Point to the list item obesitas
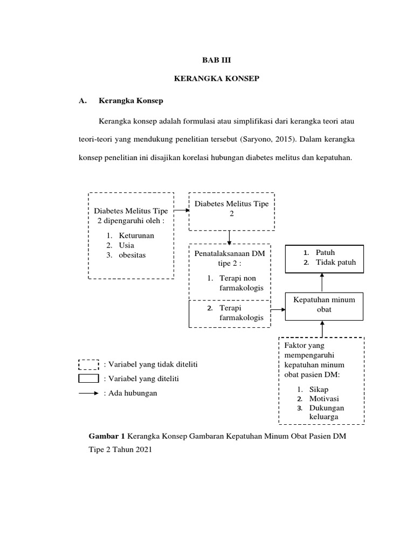(132, 255)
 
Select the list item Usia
(127, 245)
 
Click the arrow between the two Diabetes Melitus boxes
(182, 211)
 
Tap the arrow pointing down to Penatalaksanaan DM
(230, 237)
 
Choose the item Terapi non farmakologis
(240, 284)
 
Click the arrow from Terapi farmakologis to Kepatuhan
(277, 310)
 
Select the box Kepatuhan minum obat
(323, 305)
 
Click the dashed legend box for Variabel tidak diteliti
(88, 365)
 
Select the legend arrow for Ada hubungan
(88, 393)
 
